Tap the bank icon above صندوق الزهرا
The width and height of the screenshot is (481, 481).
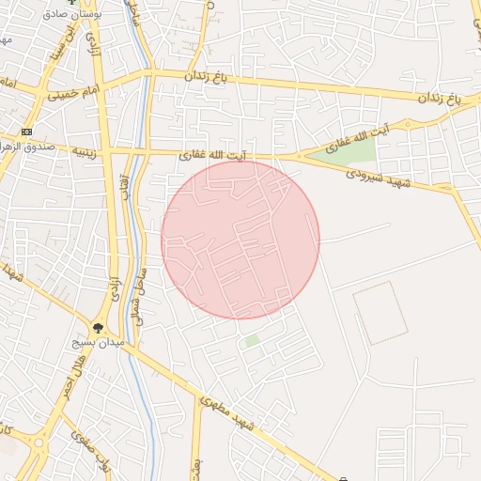click(26, 132)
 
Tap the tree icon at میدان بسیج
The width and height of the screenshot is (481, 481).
click(98, 328)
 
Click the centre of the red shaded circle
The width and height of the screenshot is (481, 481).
click(240, 240)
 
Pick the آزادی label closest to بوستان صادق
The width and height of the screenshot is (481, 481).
click(92, 42)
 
